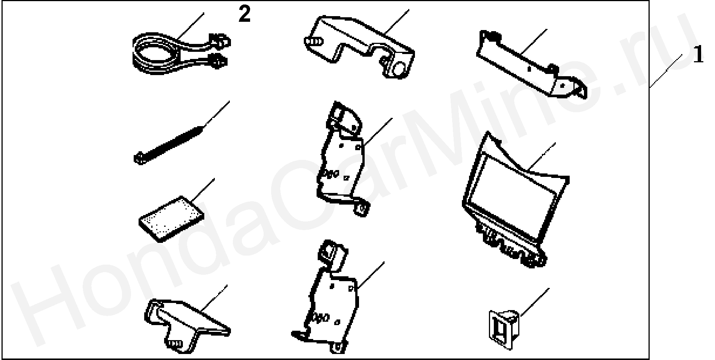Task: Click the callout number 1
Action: point(698,55)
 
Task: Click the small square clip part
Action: point(504,329)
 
